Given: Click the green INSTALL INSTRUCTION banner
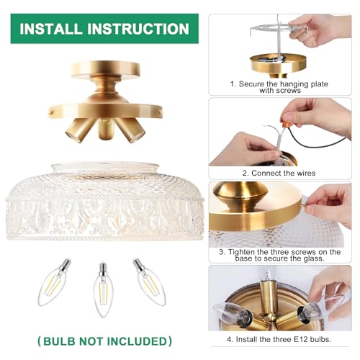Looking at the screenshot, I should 104,29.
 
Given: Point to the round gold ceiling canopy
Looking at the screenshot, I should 104,72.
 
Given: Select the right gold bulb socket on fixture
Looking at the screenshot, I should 134,130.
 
